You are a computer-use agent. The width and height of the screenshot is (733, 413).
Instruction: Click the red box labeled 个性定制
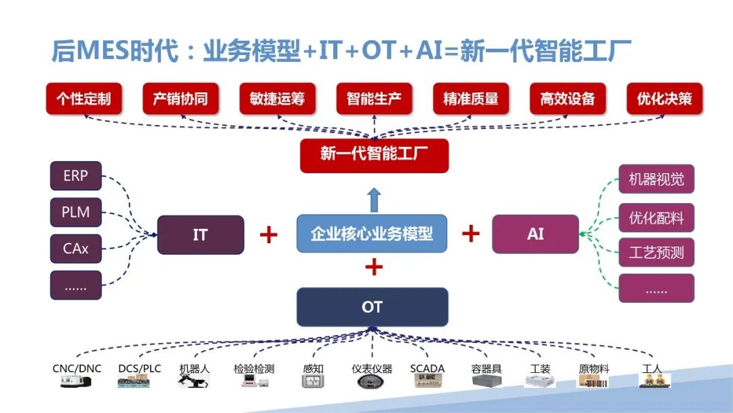click(x=83, y=99)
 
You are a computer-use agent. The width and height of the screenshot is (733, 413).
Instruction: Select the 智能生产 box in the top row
click(x=374, y=99)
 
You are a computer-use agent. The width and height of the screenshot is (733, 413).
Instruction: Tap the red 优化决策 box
click(x=664, y=99)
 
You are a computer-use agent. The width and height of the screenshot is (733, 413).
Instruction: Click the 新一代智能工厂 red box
click(x=374, y=155)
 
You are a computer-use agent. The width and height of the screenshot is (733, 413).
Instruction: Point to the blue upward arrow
click(x=374, y=200)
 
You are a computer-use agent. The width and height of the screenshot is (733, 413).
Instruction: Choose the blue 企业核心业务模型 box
click(x=372, y=234)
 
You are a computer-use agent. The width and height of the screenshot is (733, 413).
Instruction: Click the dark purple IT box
click(x=200, y=235)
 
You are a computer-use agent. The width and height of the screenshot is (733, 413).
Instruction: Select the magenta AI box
click(x=535, y=234)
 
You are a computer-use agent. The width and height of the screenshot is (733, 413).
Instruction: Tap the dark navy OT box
click(x=372, y=307)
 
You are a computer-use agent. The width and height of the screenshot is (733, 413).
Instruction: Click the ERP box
click(x=75, y=176)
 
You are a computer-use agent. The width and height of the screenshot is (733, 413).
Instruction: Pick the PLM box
click(x=75, y=212)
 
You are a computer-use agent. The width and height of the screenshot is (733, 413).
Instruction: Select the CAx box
click(x=75, y=249)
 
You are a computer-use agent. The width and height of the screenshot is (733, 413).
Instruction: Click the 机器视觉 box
click(x=656, y=179)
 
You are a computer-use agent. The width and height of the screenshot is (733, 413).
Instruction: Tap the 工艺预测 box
click(x=656, y=253)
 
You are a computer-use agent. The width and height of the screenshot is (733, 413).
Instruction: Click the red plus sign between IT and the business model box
click(x=269, y=235)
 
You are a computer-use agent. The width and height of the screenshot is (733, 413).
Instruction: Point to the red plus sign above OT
click(x=373, y=267)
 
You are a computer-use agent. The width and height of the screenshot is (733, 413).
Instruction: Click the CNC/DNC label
click(x=77, y=369)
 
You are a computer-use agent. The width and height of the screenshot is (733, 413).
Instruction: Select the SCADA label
click(x=427, y=369)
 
